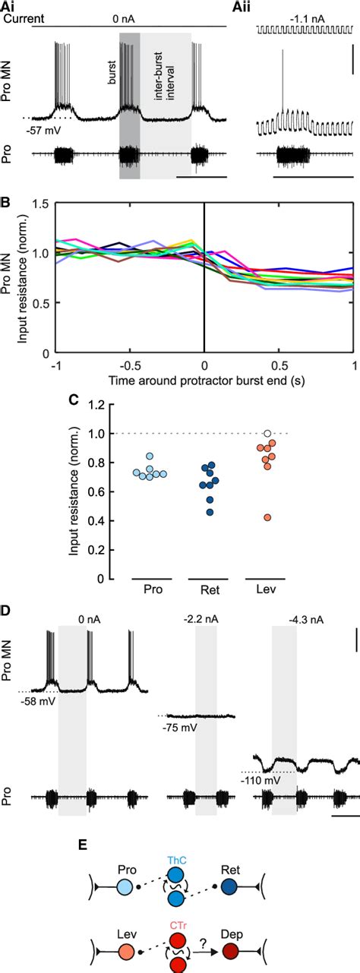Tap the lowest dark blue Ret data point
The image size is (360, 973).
click(x=210, y=512)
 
